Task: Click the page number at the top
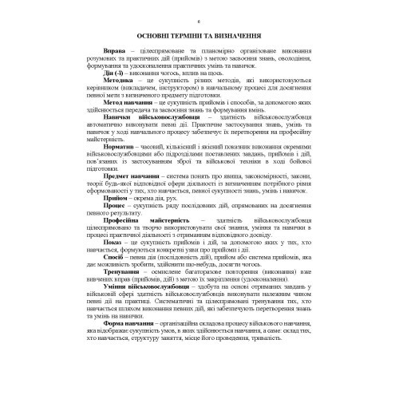point(199,15)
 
